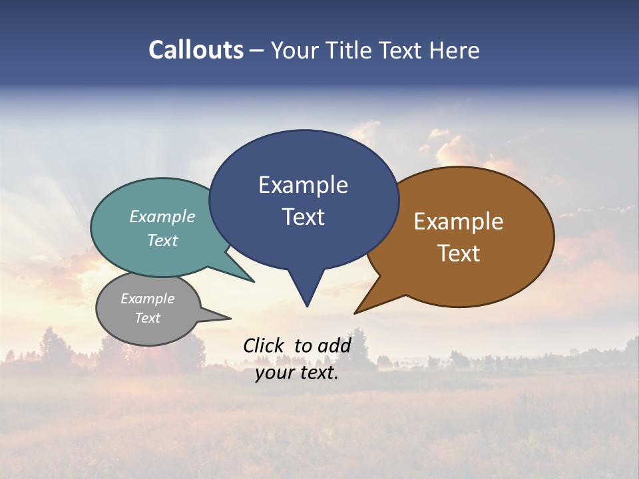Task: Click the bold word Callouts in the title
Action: [x=196, y=50]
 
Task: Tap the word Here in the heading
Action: [x=455, y=50]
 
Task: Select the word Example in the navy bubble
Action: [x=303, y=185]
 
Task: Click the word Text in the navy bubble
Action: [x=303, y=217]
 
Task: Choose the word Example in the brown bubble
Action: [x=459, y=222]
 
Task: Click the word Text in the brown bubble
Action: [x=459, y=253]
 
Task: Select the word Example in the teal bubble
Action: [x=162, y=216]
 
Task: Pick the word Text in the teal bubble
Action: [x=162, y=240]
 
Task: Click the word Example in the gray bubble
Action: [x=147, y=299]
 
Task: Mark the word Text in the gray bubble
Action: [x=147, y=318]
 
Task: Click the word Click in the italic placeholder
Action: [x=264, y=345]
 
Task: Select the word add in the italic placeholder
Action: [x=334, y=345]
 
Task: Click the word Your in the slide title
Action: [x=296, y=50]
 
